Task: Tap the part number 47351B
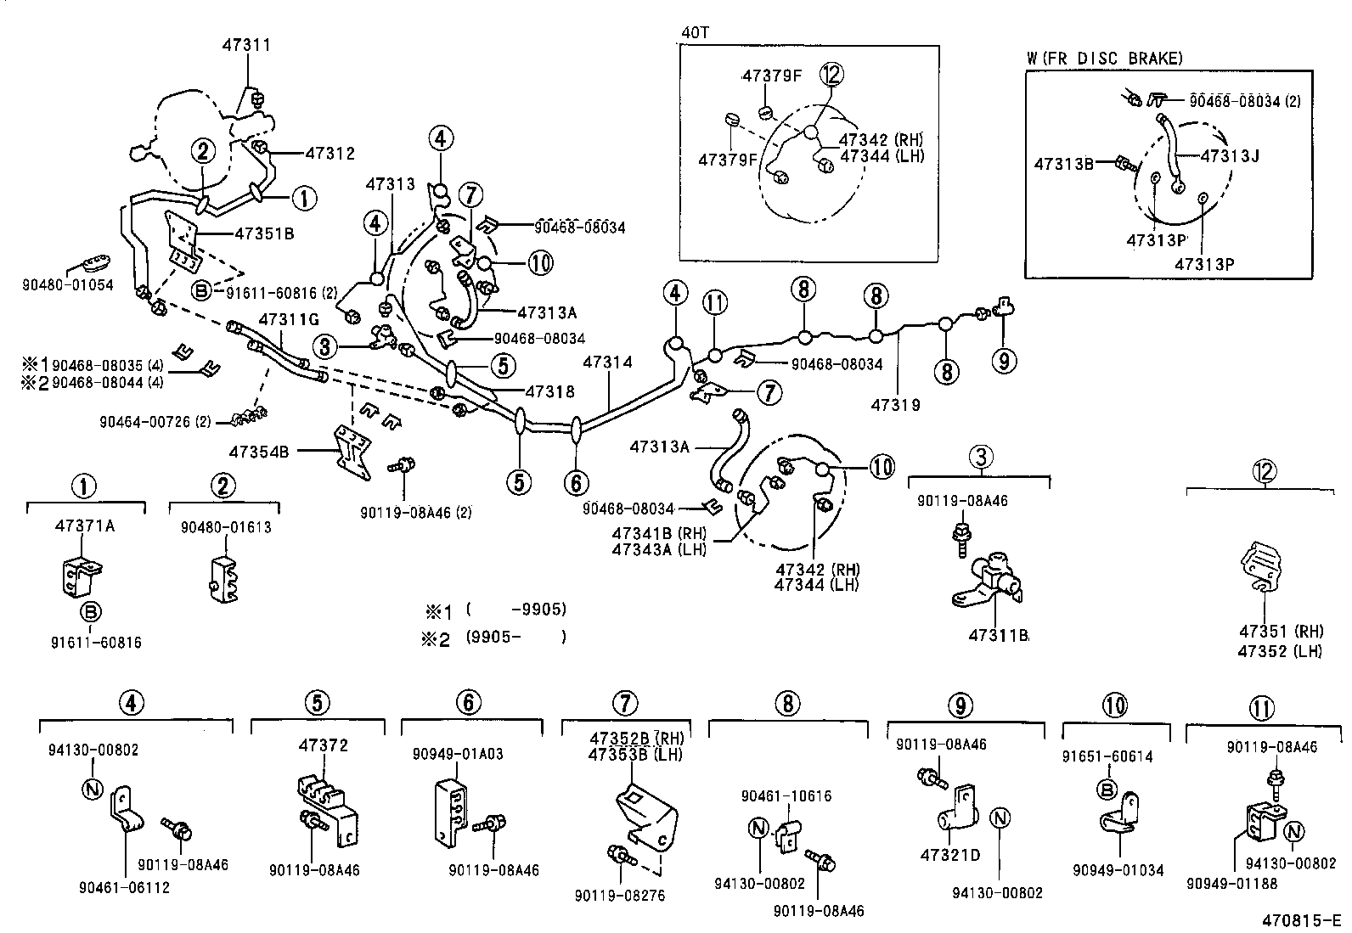264,232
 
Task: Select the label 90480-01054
67,285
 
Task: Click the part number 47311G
288,319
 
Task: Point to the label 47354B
258,452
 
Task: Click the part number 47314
608,362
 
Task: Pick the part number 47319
895,405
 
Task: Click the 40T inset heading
695,32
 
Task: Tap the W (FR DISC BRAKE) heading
1104,58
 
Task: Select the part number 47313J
1229,155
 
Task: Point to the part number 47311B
999,635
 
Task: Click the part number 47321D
949,855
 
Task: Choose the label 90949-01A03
458,753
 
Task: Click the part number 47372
323,745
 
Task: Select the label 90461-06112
124,887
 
